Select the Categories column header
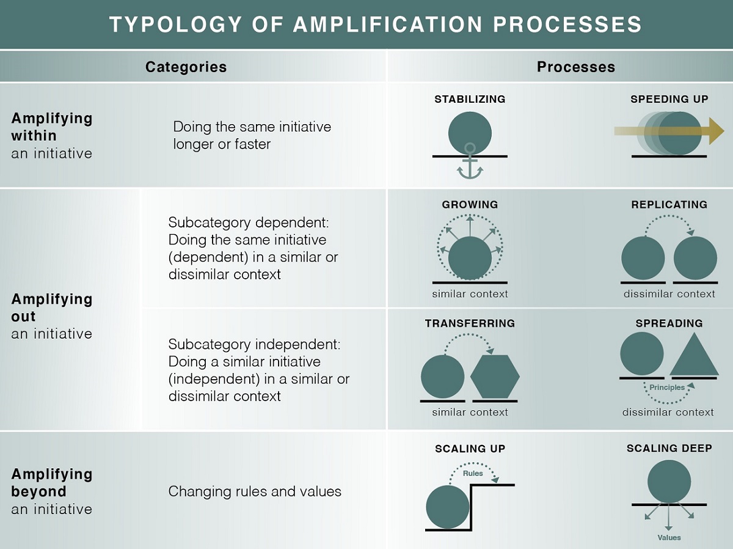click(x=186, y=67)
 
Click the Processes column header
click(x=575, y=67)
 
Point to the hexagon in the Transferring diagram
click(x=495, y=376)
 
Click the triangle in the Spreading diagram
click(x=694, y=357)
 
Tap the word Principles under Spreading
click(x=667, y=388)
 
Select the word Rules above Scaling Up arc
click(x=473, y=473)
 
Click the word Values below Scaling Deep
click(x=669, y=537)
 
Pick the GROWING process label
click(x=470, y=205)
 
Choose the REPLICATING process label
click(x=669, y=205)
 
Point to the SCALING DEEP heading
click(x=669, y=449)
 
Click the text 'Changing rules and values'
click(x=255, y=492)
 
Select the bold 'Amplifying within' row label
click(x=52, y=127)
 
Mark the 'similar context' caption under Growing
click(x=470, y=294)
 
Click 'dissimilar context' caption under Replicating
click(x=669, y=294)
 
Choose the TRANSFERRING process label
click(x=470, y=323)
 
